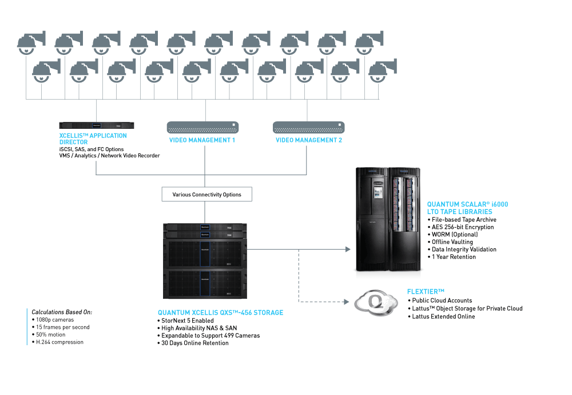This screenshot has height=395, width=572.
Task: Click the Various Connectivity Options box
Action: click(x=207, y=194)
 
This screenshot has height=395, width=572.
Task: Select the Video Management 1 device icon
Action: click(x=203, y=128)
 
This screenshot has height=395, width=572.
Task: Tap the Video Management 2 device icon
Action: click(x=309, y=128)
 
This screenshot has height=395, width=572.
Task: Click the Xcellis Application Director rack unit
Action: click(x=97, y=125)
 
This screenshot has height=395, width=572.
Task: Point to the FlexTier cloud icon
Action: click(x=376, y=303)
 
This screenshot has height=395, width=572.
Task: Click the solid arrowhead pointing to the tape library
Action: click(x=348, y=250)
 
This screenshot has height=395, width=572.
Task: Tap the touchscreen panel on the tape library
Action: click(x=377, y=192)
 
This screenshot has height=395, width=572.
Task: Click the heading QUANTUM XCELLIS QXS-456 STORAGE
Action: click(x=220, y=313)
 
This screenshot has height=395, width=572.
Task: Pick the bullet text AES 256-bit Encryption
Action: click(x=463, y=227)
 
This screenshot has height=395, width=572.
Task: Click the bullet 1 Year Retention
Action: click(x=454, y=256)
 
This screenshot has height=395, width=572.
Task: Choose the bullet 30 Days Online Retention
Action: click(x=195, y=343)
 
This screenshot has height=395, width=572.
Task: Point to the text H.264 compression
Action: click(x=59, y=342)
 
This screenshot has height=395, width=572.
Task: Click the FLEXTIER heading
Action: click(x=426, y=291)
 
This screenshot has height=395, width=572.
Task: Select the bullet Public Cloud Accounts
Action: click(x=442, y=301)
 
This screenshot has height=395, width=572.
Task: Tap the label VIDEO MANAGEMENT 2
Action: click(x=309, y=140)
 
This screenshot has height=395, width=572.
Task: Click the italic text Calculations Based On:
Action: click(x=62, y=312)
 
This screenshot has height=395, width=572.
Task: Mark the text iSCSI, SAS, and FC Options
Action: click(x=91, y=149)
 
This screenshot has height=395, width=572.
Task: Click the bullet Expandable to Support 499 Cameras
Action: click(x=210, y=335)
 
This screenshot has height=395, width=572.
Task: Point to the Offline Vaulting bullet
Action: click(x=452, y=242)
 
